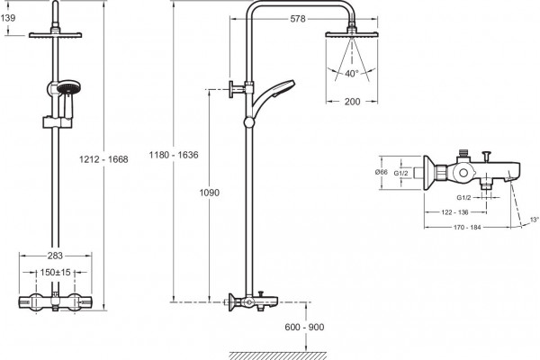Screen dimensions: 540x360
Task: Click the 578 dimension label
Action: point(298,19)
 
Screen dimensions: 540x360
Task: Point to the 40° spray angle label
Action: point(352,74)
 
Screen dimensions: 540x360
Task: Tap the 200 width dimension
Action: point(352,102)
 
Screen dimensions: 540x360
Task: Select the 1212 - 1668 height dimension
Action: point(103,159)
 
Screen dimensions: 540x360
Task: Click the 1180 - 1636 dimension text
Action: point(174,155)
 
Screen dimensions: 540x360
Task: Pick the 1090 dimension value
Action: point(210,193)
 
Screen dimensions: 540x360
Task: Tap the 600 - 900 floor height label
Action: point(304,327)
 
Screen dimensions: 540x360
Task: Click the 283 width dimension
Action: point(55,256)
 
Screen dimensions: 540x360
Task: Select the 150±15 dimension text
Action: point(55,273)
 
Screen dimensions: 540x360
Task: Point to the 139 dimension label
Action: point(7,18)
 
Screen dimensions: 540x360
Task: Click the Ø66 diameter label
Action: point(382,172)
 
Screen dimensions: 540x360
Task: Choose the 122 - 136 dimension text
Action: point(454,212)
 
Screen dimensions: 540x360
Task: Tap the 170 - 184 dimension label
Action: point(467,228)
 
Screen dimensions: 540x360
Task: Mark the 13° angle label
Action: point(535,220)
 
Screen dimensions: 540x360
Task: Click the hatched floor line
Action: point(278,355)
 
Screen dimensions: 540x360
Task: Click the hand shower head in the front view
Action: point(68,88)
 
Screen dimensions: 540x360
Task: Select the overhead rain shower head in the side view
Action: point(352,34)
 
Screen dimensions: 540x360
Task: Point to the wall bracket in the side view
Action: point(238,89)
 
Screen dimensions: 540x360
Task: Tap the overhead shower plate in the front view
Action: point(55,35)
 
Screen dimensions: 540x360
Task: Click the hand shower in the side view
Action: point(273,94)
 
